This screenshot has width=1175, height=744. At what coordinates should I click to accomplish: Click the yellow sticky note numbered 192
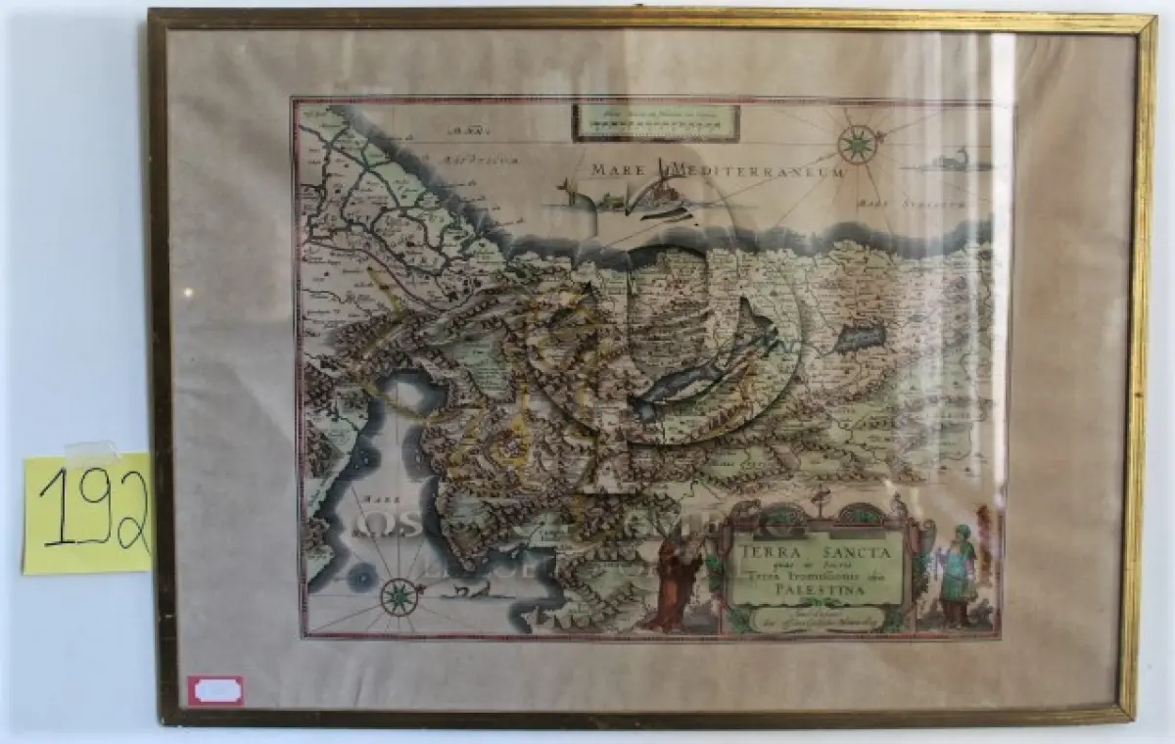pos(88,514)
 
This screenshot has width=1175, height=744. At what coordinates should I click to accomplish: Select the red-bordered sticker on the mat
pos(217,690)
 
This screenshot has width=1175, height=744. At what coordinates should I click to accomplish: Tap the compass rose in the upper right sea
pos(857,145)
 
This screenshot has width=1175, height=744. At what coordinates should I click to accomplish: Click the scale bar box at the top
pos(656,121)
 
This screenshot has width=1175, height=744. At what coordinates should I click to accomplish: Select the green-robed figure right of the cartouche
pos(955,573)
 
